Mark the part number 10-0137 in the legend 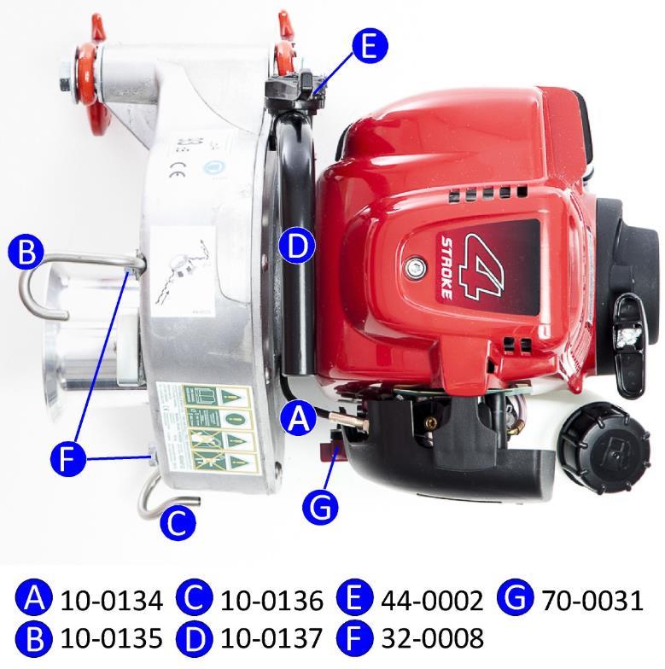pyautogui.click(x=271, y=637)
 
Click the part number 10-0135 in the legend pyautogui.click(x=111, y=637)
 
